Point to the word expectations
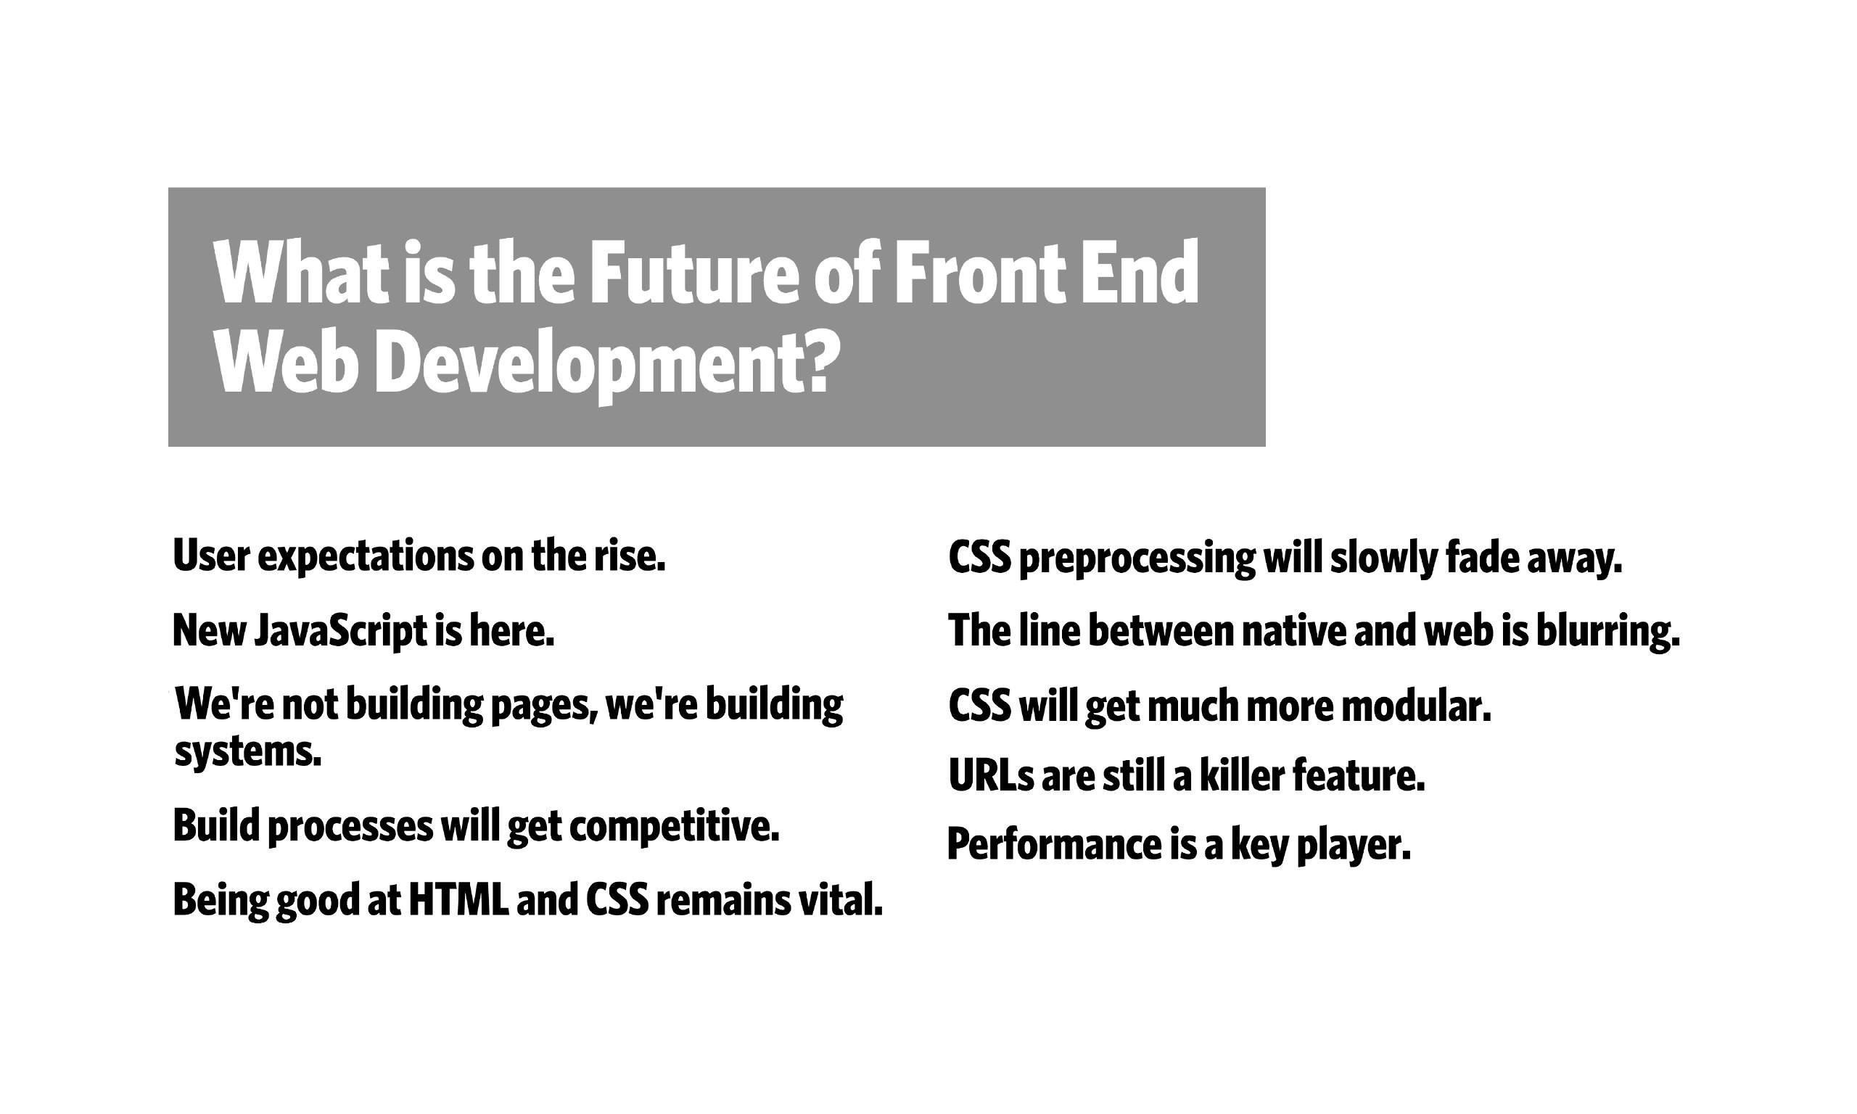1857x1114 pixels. point(366,557)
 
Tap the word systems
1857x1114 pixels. point(247,751)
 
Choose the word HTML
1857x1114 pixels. point(458,899)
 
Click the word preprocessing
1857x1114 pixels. point(1137,558)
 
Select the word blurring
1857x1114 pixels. point(1607,632)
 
